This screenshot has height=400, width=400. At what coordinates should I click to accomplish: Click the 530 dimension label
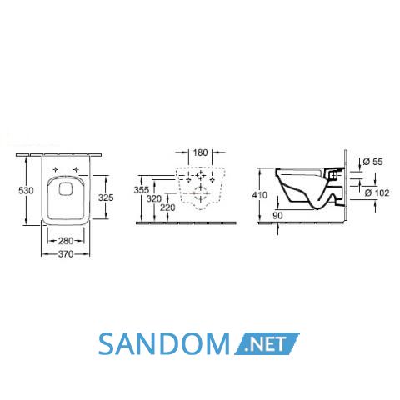coord(26,191)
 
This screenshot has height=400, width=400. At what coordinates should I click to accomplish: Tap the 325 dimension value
coord(106,197)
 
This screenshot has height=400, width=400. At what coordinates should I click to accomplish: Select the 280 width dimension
coord(66,241)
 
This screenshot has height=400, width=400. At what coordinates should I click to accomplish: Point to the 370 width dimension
coord(66,254)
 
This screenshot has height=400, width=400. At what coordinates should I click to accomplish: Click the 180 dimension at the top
coord(200,152)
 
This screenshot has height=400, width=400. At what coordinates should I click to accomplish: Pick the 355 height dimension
coord(142,190)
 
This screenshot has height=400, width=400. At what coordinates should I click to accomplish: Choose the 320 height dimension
coord(154,199)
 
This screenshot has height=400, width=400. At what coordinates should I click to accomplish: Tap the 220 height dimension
coord(167,207)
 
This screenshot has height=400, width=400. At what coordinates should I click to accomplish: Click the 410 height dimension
coord(260,195)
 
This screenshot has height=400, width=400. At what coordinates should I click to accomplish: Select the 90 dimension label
coord(277,216)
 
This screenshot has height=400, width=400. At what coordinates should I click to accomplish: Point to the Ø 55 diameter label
coord(372,162)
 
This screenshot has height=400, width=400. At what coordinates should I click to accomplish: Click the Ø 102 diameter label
coord(377,192)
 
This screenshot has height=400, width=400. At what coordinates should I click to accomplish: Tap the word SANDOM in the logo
coord(164,344)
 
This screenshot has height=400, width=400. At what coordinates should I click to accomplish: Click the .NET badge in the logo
coord(267,343)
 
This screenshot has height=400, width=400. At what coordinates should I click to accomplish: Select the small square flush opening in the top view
coord(67,188)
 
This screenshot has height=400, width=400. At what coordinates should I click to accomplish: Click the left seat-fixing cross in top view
coord(56,169)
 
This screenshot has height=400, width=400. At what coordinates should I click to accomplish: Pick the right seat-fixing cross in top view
coord(76,169)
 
